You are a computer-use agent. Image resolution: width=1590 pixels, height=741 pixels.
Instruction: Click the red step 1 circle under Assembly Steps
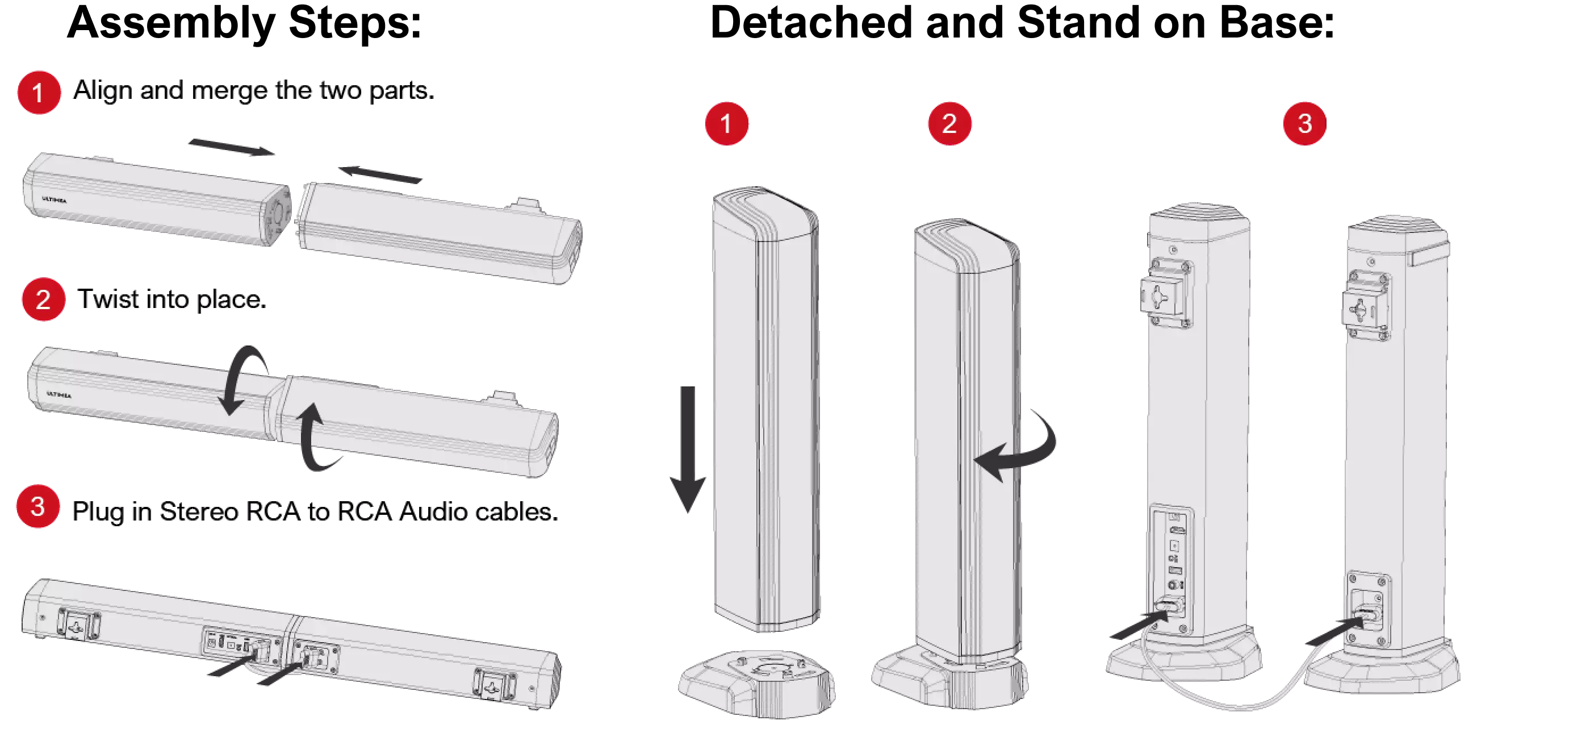(x=39, y=93)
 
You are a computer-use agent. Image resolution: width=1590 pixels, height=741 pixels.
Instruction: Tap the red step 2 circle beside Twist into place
(x=43, y=299)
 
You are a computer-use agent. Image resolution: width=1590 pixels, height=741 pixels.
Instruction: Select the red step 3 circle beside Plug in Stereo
(x=38, y=506)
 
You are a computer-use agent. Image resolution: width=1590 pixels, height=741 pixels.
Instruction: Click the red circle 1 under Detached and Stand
(x=726, y=123)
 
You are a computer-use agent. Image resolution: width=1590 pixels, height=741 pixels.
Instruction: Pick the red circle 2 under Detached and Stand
(x=949, y=123)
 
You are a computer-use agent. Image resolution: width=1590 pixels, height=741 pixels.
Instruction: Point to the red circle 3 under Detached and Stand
(x=1304, y=123)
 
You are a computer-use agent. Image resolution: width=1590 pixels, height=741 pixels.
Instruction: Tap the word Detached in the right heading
(x=811, y=22)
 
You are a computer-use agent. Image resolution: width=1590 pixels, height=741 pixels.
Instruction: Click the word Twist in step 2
(x=108, y=299)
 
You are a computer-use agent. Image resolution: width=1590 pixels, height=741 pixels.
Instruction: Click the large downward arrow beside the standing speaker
(x=688, y=449)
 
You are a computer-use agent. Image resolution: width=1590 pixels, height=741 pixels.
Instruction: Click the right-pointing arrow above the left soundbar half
(x=232, y=147)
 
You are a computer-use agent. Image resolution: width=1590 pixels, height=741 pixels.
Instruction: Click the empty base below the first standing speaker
(x=757, y=683)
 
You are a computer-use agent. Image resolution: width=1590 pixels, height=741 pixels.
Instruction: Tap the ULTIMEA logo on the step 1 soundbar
(x=55, y=199)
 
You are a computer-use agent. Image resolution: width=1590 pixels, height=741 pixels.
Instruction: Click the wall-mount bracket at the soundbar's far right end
(x=495, y=685)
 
